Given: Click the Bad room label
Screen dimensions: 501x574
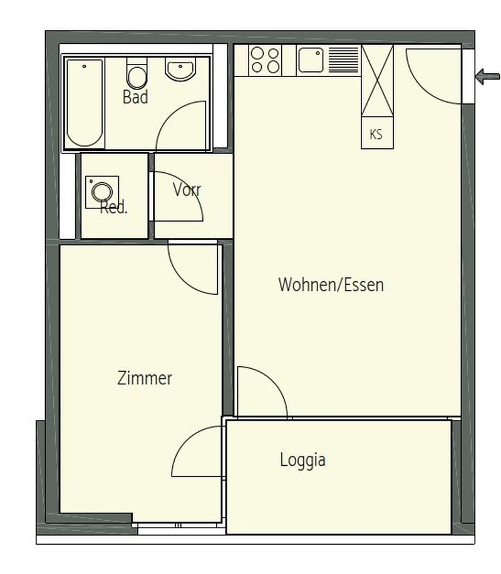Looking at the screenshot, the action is [x=135, y=97].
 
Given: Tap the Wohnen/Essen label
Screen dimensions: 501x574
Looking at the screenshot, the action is [x=331, y=285].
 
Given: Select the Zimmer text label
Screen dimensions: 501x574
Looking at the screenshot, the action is [x=145, y=378].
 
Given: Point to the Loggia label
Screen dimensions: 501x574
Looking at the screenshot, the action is [x=302, y=460].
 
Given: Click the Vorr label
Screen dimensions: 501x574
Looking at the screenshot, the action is [x=187, y=190].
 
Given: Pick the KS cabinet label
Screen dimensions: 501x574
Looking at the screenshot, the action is [x=376, y=135].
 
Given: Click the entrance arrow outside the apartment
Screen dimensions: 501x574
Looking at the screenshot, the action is [x=487, y=77].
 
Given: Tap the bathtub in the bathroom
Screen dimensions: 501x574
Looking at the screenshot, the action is [x=85, y=103].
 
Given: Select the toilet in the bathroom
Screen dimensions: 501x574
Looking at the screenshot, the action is [x=137, y=73].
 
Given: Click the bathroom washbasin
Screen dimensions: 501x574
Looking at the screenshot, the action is [x=180, y=69].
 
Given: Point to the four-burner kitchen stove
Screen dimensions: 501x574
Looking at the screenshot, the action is [x=265, y=60].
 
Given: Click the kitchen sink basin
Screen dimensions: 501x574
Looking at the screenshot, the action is [x=311, y=60].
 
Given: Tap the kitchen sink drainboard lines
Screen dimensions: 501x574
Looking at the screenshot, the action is [x=344, y=60].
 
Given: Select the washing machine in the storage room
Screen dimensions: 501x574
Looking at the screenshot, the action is [x=102, y=192].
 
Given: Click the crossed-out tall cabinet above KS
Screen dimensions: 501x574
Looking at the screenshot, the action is [x=377, y=80].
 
